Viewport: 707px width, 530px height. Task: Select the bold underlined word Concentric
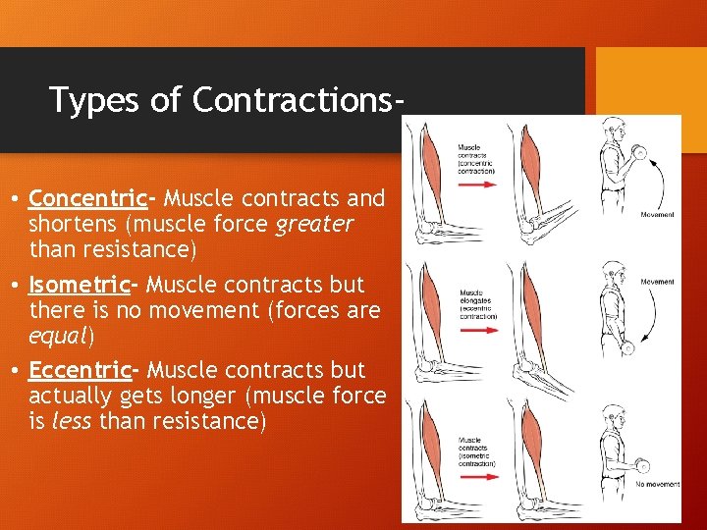(87, 198)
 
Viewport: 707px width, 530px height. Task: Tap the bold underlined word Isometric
(81, 285)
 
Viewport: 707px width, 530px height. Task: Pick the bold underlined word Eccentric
(81, 370)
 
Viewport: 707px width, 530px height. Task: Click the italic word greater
(314, 224)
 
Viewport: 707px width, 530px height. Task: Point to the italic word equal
(61, 336)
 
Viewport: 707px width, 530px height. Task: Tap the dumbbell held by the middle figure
(628, 346)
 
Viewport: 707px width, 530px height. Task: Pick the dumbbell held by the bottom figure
(643, 465)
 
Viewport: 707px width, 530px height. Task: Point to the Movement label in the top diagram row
(656, 213)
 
